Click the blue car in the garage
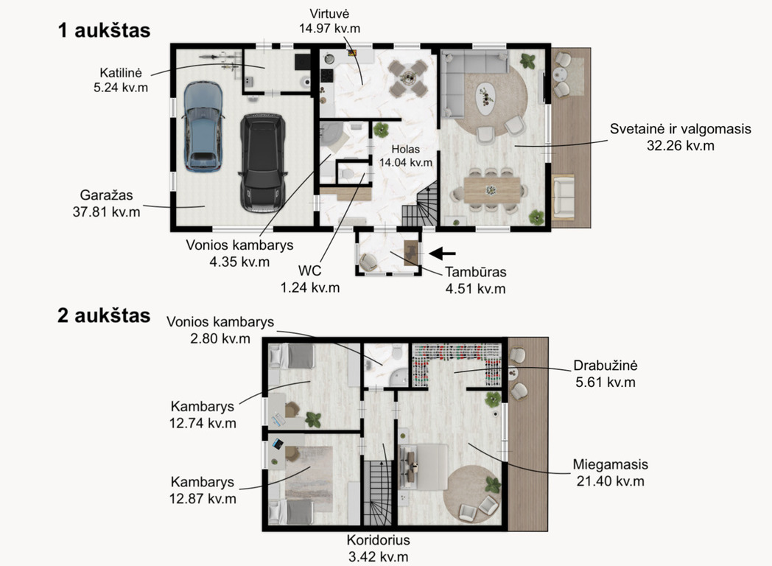click(x=203, y=127)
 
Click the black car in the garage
click(x=262, y=163)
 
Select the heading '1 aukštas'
click(x=104, y=30)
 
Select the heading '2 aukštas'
click(x=104, y=315)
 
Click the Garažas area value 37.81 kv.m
click(x=106, y=212)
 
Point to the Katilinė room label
click(x=121, y=73)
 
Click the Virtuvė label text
click(x=329, y=14)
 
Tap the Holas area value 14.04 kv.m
click(x=406, y=163)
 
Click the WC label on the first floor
click(x=309, y=270)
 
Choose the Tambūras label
click(x=476, y=272)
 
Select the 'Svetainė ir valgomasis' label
click(x=681, y=129)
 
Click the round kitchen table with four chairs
click(x=407, y=77)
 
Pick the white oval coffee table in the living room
click(x=486, y=98)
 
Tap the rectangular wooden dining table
click(x=491, y=190)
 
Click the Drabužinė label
click(x=606, y=366)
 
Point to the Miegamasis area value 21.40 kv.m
click(x=611, y=481)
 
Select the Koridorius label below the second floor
click(x=378, y=540)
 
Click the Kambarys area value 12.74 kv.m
click(x=203, y=423)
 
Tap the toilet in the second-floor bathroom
click(x=397, y=354)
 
